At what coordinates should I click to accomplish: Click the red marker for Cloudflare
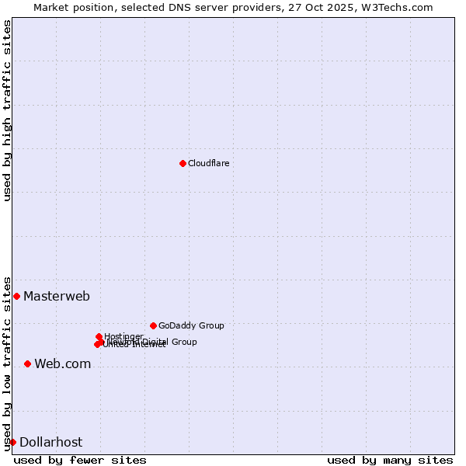(183, 163)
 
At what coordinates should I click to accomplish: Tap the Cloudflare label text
(208, 163)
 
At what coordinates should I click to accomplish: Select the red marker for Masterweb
(16, 296)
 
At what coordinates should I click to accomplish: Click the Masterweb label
(57, 296)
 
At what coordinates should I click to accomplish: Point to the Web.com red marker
(27, 363)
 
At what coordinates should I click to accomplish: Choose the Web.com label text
(62, 363)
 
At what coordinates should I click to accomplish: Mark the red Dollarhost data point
(12, 442)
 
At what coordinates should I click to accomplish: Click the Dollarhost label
(50, 442)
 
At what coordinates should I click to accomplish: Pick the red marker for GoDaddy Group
(153, 325)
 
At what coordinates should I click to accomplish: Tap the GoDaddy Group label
(191, 325)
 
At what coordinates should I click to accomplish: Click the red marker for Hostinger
(99, 336)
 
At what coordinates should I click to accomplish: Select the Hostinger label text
(123, 336)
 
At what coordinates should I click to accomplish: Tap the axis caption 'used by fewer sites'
(80, 460)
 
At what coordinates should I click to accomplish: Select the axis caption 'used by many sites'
(390, 460)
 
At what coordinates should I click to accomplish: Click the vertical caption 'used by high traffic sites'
(7, 110)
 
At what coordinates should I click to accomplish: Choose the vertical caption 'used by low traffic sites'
(7, 363)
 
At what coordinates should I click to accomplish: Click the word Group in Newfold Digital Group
(183, 342)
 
